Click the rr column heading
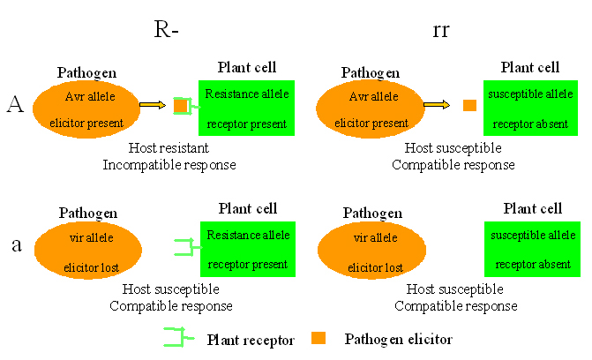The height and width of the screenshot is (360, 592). tap(444, 29)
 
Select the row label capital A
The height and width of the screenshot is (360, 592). tap(15, 105)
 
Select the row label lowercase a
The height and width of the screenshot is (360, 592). tap(16, 244)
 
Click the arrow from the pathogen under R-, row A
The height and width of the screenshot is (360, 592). tap(152, 106)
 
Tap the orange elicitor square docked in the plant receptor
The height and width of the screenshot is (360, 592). tap(180, 106)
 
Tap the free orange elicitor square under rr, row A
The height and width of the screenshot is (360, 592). tap(469, 106)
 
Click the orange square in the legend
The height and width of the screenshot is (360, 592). tap(318, 338)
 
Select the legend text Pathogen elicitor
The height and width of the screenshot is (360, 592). tap(398, 339)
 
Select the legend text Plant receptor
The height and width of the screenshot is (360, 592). tap(251, 339)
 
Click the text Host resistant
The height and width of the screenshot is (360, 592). tap(168, 147)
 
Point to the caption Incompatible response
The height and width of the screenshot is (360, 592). tap(169, 164)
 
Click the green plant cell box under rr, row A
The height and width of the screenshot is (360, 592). tap(530, 109)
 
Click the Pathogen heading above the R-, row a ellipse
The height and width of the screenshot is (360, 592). tap(87, 213)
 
